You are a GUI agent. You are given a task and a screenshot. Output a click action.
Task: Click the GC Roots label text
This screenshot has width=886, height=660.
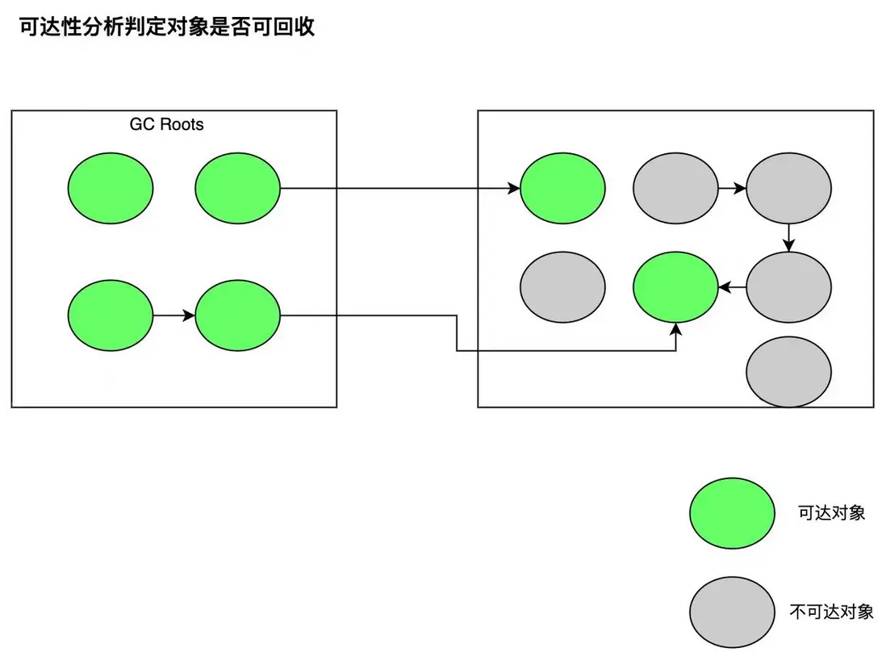pyautogui.click(x=167, y=125)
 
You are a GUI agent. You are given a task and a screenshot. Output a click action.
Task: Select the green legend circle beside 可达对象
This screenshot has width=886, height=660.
pyautogui.click(x=732, y=514)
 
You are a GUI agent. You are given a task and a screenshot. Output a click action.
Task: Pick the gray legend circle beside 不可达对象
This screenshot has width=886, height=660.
pyautogui.click(x=732, y=612)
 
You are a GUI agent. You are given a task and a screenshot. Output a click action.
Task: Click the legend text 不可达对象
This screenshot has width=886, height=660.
pyautogui.click(x=831, y=612)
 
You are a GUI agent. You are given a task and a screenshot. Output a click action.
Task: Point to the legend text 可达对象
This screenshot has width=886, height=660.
pyautogui.click(x=831, y=513)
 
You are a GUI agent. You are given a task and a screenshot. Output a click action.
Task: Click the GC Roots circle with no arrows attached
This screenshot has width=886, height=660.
pyautogui.click(x=110, y=189)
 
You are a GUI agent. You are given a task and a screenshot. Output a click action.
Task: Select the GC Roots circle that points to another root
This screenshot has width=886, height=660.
pyautogui.click(x=110, y=315)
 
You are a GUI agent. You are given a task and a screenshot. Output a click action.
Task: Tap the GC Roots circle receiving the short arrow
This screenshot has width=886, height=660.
pyautogui.click(x=237, y=315)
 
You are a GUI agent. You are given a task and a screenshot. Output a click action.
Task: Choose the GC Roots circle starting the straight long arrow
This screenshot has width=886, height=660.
pyautogui.click(x=237, y=189)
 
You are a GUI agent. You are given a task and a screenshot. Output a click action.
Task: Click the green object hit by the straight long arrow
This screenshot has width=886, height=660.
pyautogui.click(x=562, y=189)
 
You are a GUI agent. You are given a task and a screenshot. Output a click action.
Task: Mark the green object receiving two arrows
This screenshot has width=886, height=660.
pyautogui.click(x=675, y=288)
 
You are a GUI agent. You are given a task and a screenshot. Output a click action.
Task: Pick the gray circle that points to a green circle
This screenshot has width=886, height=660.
pyautogui.click(x=788, y=288)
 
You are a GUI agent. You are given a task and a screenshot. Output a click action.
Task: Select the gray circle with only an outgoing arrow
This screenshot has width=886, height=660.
pyautogui.click(x=675, y=189)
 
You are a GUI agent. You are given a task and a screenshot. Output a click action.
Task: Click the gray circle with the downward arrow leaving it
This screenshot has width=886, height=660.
pyautogui.click(x=788, y=189)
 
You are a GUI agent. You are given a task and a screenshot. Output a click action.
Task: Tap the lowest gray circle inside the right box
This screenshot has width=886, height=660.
pyautogui.click(x=788, y=373)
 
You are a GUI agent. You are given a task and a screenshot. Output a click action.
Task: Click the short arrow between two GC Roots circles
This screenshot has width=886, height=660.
pyautogui.click(x=173, y=315)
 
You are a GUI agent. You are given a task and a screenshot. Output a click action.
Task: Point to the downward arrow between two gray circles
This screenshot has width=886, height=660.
pyautogui.click(x=788, y=237)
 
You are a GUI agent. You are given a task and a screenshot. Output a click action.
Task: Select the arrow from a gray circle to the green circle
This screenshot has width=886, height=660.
pyautogui.click(x=732, y=287)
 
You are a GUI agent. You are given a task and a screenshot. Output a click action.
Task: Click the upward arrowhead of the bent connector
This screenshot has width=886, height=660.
pyautogui.click(x=675, y=328)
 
